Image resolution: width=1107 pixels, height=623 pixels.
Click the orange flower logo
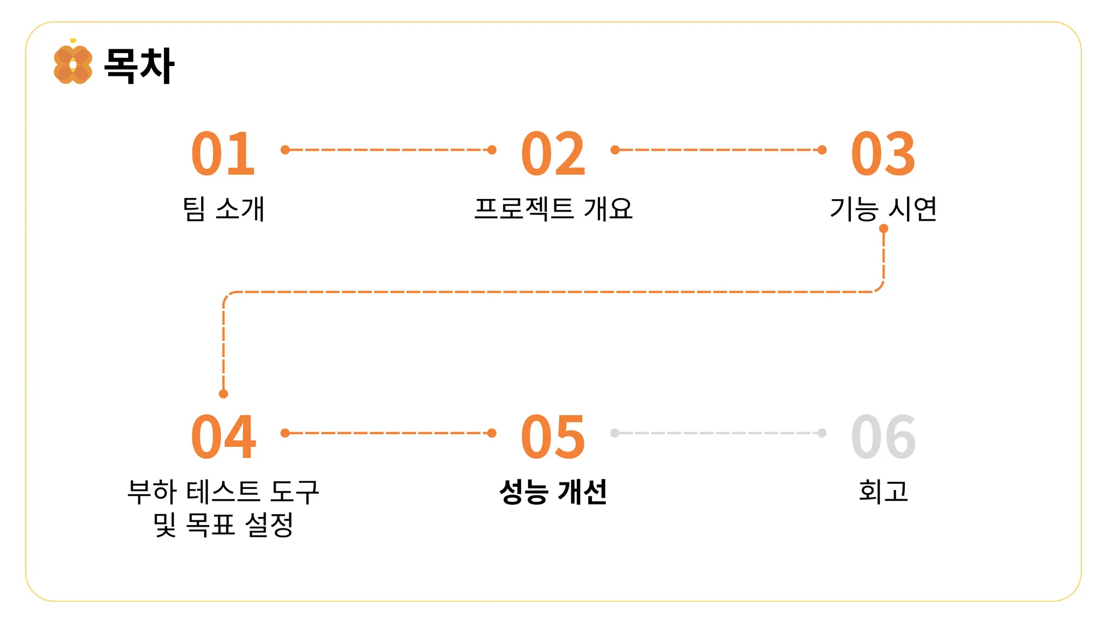click(x=73, y=64)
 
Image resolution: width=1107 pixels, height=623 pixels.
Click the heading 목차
click(x=139, y=66)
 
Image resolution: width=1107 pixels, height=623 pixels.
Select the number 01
click(x=223, y=154)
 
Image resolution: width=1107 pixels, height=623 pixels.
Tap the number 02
click(x=553, y=154)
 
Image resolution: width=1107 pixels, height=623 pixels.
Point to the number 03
click(x=883, y=154)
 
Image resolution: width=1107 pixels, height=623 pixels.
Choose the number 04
click(x=223, y=437)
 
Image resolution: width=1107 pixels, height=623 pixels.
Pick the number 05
click(x=553, y=437)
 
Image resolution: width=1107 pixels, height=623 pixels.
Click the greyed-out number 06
click(x=883, y=437)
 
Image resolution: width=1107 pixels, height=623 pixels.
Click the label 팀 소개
click(x=223, y=209)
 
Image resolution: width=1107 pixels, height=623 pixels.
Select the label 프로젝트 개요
click(x=553, y=209)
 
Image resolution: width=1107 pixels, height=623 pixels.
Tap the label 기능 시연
click(x=883, y=209)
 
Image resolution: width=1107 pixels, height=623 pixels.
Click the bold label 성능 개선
click(x=553, y=492)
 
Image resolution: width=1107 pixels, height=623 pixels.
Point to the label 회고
click(x=883, y=492)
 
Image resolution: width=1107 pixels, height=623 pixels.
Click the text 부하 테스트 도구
click(x=223, y=492)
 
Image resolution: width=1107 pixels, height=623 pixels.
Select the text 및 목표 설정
click(x=223, y=525)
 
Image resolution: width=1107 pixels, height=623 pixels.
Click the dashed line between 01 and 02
click(x=388, y=150)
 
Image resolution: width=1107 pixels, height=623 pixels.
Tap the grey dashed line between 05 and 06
click(x=718, y=433)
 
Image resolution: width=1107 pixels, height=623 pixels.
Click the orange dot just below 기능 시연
click(x=884, y=229)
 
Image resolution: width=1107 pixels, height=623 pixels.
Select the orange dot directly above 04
click(x=223, y=394)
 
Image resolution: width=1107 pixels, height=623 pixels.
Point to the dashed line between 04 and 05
click(x=388, y=433)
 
